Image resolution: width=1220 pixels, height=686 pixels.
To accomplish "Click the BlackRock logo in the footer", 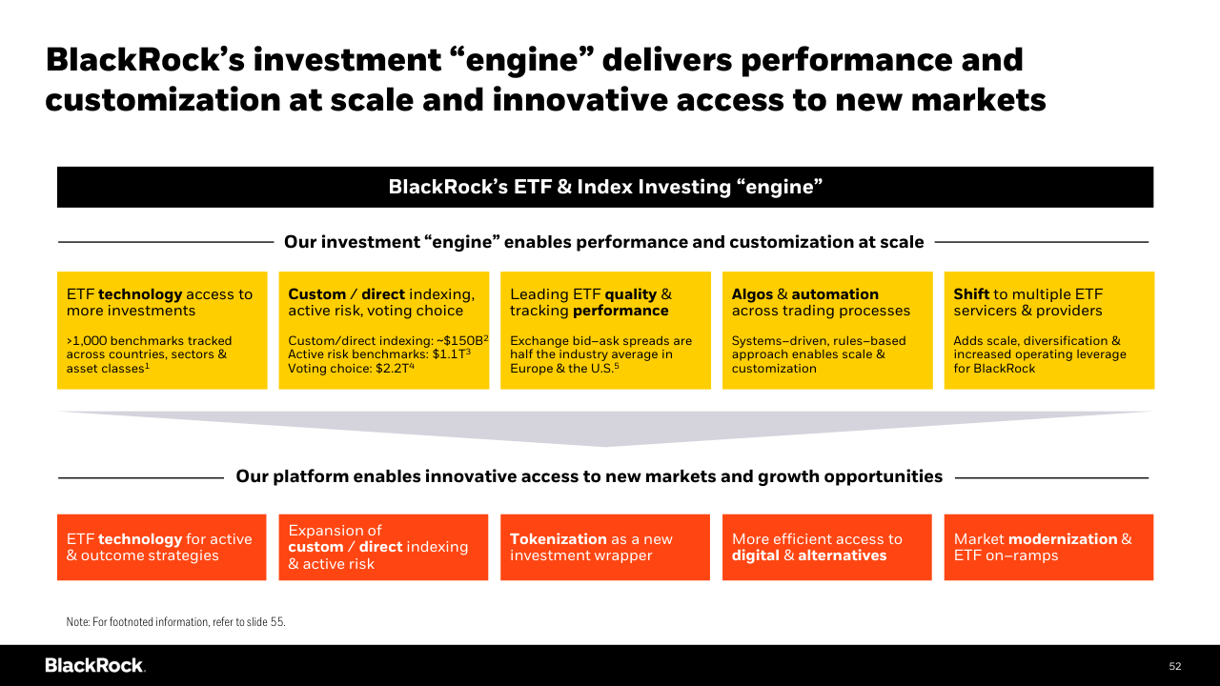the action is coord(94,665).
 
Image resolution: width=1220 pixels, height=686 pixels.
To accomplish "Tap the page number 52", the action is coord(1175,666).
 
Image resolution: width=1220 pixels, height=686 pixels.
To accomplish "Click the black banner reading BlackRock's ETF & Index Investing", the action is coord(605,187).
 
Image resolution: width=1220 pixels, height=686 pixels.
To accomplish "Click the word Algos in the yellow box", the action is coord(752,294).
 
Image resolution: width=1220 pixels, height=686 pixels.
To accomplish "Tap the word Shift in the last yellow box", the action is coord(971,294).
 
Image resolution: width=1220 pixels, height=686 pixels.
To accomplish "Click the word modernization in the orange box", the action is coord(1063,539).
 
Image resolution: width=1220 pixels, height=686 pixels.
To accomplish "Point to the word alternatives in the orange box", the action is coord(842,555).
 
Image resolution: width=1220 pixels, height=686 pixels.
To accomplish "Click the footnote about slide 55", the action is coord(176,622).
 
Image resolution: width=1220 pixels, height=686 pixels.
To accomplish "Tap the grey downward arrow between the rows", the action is coord(605,429).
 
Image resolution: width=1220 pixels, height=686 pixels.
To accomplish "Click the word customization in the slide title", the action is coord(162,100).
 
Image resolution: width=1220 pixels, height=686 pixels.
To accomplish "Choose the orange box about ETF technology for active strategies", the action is coord(162,547).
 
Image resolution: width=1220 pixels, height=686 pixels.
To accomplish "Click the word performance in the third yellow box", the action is coord(620,311).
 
